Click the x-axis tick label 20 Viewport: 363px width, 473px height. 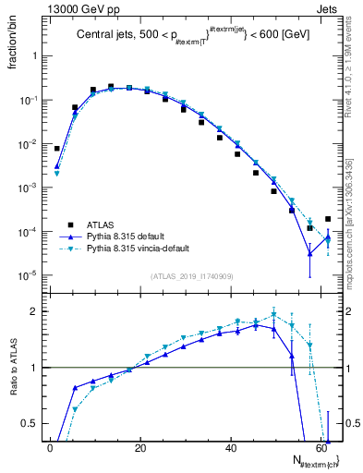point(139,448)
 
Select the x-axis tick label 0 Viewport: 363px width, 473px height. point(50,448)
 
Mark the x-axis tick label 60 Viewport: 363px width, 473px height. point(320,448)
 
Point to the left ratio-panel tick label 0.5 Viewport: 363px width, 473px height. point(30,423)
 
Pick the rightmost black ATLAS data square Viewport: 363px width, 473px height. point(328,219)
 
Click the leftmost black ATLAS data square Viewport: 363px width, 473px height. point(57,148)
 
